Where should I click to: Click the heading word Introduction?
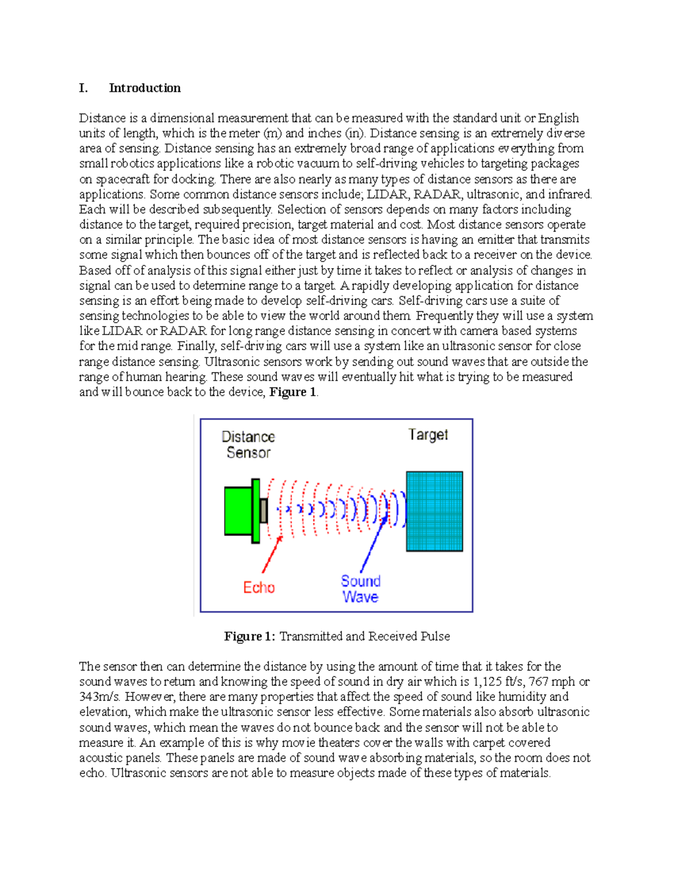(144, 88)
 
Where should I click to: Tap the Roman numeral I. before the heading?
(83, 88)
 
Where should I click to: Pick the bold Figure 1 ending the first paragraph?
(293, 392)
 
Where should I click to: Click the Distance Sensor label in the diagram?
(248, 445)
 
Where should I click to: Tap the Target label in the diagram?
(428, 435)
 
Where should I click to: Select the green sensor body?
(238, 510)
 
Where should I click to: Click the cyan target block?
(434, 511)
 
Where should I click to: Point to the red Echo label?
(259, 587)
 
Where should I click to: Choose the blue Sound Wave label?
(361, 589)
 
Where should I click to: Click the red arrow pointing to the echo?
(271, 554)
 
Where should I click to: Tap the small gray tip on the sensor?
(263, 510)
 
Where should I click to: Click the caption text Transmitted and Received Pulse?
(365, 636)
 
